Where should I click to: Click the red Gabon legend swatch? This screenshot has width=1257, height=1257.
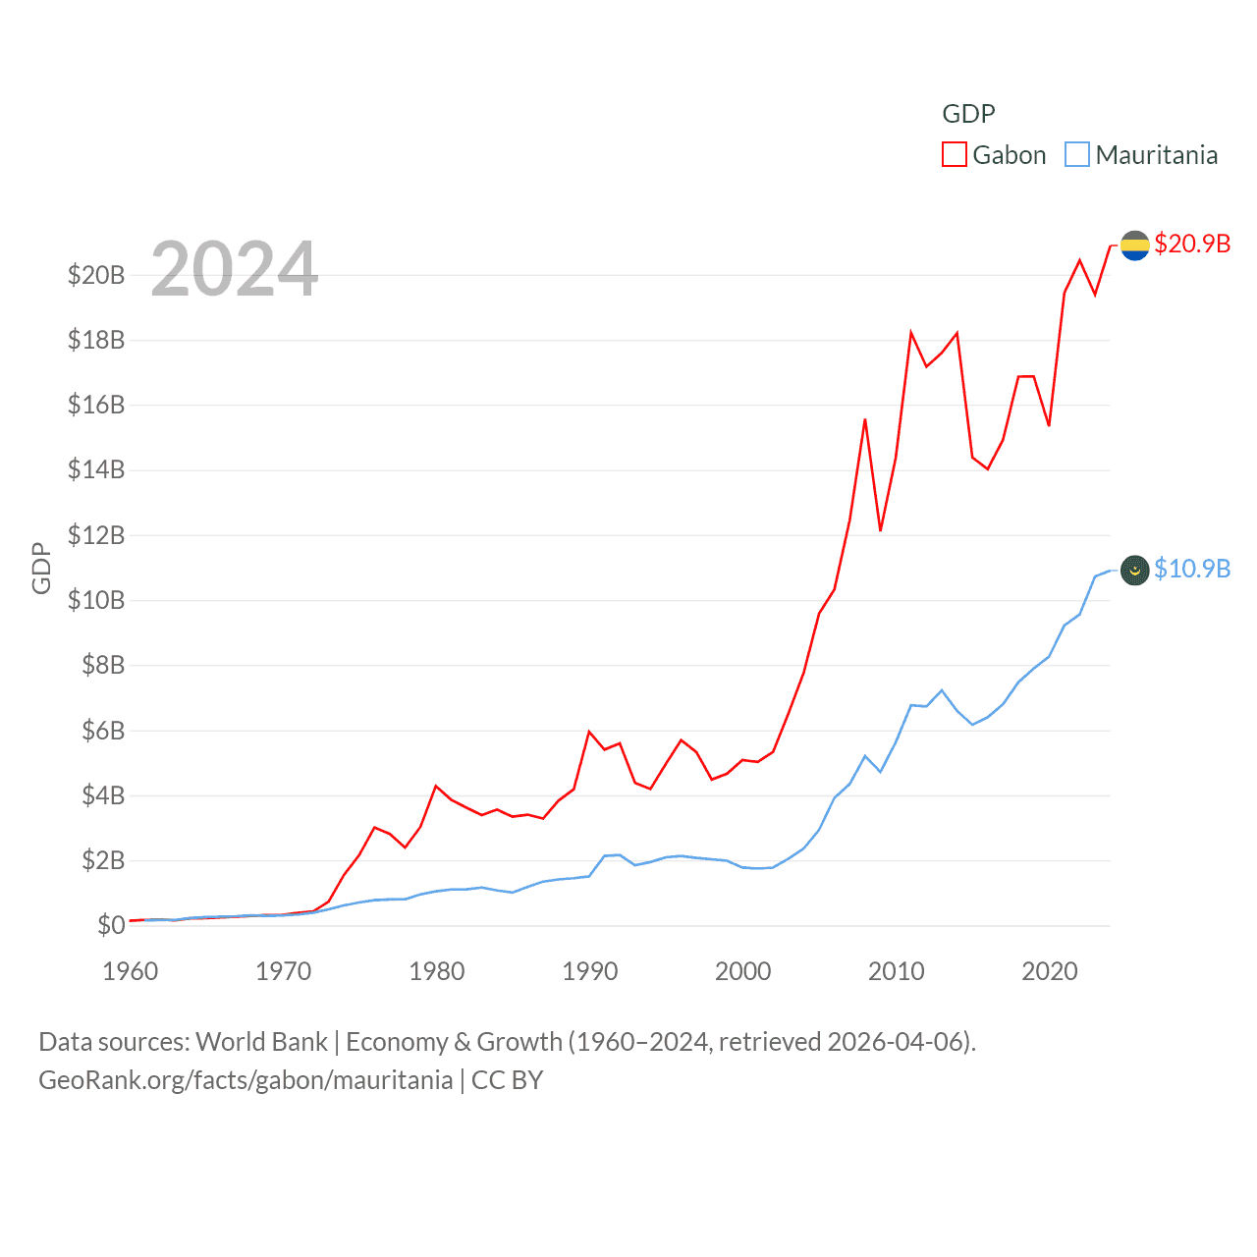(x=954, y=155)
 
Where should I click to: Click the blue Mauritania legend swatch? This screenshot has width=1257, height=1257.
(x=1077, y=155)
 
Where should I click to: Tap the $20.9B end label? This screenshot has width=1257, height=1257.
(x=1192, y=244)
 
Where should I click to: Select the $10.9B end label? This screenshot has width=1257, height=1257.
(x=1192, y=569)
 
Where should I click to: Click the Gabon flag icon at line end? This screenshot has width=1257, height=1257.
(x=1135, y=246)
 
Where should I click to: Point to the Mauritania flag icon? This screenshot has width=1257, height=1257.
(x=1135, y=570)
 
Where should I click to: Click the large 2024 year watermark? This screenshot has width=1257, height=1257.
(x=235, y=269)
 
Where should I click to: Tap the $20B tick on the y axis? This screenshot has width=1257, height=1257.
(x=96, y=275)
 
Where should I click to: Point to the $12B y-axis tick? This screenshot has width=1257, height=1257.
(x=96, y=535)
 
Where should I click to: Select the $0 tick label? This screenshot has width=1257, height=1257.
(x=111, y=925)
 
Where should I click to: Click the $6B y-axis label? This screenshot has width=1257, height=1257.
(x=102, y=731)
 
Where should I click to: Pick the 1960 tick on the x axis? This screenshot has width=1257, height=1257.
(x=131, y=971)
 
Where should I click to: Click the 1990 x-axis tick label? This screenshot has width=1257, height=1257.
(x=590, y=971)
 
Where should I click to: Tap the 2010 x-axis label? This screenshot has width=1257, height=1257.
(x=897, y=971)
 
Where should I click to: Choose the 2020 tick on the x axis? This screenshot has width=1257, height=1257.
(x=1050, y=971)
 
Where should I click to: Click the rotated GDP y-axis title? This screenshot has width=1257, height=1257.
(x=41, y=568)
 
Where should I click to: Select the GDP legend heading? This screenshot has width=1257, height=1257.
(x=968, y=114)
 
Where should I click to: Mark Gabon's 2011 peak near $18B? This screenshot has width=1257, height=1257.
(x=911, y=333)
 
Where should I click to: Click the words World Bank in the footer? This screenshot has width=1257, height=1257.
(x=261, y=1041)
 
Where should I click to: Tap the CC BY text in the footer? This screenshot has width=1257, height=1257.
(x=507, y=1080)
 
